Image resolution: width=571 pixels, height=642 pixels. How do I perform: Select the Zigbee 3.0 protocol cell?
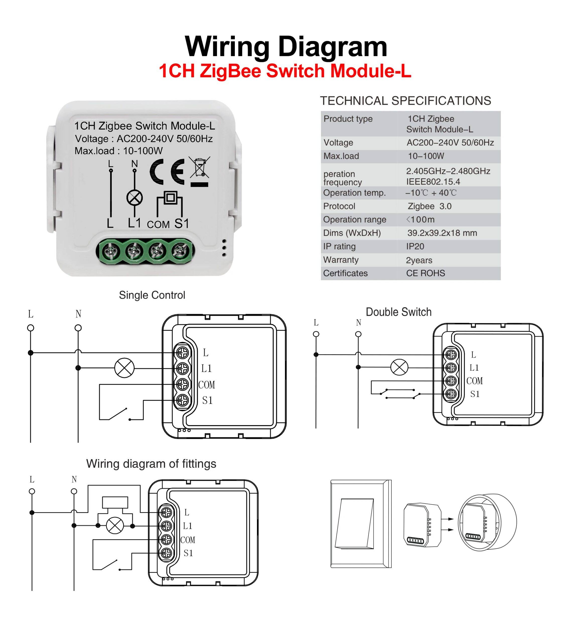429,206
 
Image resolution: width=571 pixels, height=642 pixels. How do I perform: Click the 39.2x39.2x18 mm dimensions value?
442,233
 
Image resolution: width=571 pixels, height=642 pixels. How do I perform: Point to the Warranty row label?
341,260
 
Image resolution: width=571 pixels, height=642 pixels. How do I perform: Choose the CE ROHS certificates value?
425,273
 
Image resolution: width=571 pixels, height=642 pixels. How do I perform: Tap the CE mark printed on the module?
167,172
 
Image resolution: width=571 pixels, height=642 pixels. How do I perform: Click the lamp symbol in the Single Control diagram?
124,368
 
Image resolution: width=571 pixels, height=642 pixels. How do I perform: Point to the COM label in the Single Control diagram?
206,385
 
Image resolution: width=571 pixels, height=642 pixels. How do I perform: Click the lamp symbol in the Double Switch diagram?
399,367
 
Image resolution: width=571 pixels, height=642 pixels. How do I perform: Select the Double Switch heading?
398,312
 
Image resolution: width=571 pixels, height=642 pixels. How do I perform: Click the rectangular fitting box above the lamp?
115,502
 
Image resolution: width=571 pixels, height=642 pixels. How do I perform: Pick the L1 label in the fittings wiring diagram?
187,526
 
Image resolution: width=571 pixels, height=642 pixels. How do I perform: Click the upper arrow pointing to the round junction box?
450,519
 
